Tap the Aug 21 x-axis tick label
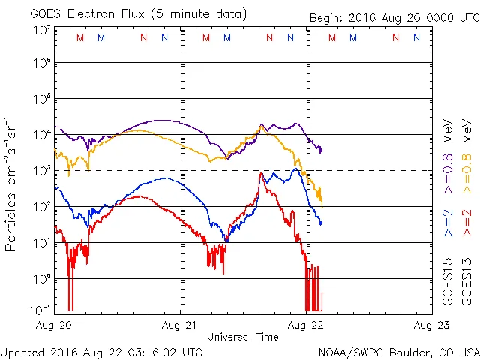pyautogui.click(x=180, y=325)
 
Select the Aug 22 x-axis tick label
pyautogui.click(x=306, y=325)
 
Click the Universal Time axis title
pyautogui.click(x=242, y=337)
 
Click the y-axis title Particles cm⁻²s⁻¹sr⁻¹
pyautogui.click(x=12, y=184)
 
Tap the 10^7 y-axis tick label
pyautogui.click(x=41, y=29)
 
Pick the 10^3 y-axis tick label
pyautogui.click(x=41, y=171)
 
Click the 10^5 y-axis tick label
pyautogui.click(x=41, y=100)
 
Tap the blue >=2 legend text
pyautogui.click(x=448, y=222)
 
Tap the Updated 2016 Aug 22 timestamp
pyautogui.click(x=101, y=351)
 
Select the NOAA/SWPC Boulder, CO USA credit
pyautogui.click(x=398, y=351)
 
